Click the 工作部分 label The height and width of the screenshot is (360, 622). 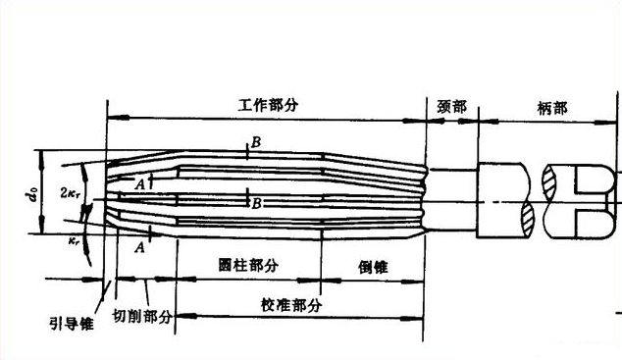tap(267, 103)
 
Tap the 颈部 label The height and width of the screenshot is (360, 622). tap(451, 105)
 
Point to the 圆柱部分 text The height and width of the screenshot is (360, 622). tap(246, 266)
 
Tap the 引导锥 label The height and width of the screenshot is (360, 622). tap(71, 320)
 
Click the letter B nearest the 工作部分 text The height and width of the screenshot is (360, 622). tap(256, 143)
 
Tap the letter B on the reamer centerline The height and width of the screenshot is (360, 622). tap(256, 204)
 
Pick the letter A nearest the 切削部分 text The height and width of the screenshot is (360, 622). tap(141, 247)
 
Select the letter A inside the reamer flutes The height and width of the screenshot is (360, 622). tap(141, 183)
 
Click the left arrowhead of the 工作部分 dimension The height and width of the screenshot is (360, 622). tap(110, 120)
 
